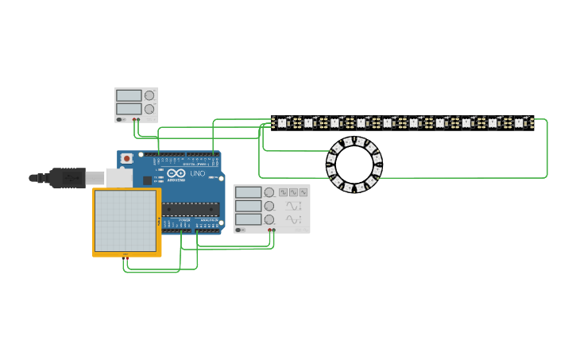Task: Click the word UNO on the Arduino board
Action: pyautogui.click(x=197, y=173)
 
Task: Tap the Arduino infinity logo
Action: pyautogui.click(x=176, y=173)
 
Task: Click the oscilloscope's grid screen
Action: pyautogui.click(x=126, y=220)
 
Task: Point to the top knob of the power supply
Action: pyautogui.click(x=149, y=95)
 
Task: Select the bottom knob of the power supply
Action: pyautogui.click(x=149, y=108)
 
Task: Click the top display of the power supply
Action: pyautogui.click(x=128, y=95)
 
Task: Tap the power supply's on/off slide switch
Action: pyautogui.click(x=121, y=119)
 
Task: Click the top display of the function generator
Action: pyautogui.click(x=249, y=192)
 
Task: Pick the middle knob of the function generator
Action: pyautogui.click(x=269, y=206)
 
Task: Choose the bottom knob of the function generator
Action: pyautogui.click(x=269, y=219)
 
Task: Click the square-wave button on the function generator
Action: pyautogui.click(x=284, y=192)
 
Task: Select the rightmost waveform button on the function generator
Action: pyautogui.click(x=303, y=192)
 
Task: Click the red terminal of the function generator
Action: pyautogui.click(x=270, y=230)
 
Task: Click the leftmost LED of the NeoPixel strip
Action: pyautogui.click(x=281, y=123)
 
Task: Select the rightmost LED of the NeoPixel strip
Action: pyautogui.click(x=519, y=123)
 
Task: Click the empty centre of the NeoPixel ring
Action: pyautogui.click(x=354, y=165)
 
